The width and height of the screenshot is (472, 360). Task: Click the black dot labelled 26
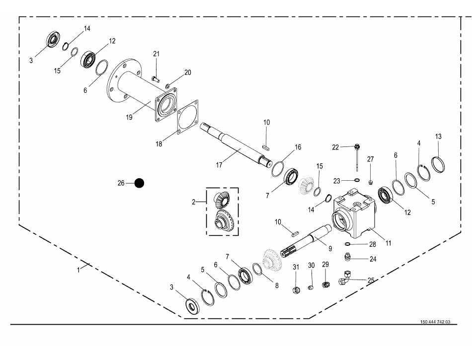140,183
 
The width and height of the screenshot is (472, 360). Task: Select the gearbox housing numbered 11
354,213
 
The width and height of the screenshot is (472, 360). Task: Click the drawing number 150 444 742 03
435,322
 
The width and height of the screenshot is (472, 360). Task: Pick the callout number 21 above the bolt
157,54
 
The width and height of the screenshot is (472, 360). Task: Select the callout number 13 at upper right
438,137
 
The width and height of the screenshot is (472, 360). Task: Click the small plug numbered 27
371,181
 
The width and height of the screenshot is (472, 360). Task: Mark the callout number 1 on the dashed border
78,270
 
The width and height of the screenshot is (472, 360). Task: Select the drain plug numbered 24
348,258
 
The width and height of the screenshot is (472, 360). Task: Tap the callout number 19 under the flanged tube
129,117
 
